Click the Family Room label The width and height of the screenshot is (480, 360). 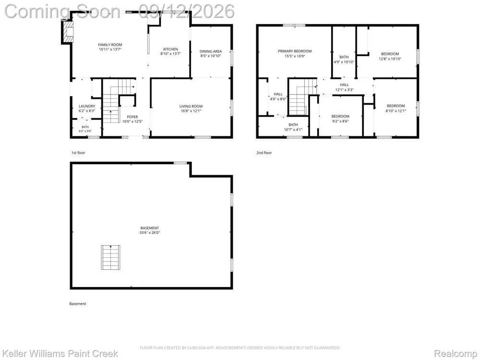[x=110, y=45]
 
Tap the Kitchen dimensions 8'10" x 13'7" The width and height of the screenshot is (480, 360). [x=170, y=54]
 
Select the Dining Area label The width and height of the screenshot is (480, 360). [x=211, y=51]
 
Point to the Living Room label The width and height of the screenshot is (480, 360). [x=191, y=106]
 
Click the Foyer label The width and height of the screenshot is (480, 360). [x=132, y=117]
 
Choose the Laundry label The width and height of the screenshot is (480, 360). [x=87, y=106]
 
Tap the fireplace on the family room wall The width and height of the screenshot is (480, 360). [x=68, y=32]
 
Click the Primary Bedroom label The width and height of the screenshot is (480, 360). [x=295, y=51]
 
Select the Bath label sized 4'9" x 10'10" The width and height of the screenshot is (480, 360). [x=344, y=57]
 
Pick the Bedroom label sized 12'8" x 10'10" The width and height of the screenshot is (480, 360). [x=390, y=54]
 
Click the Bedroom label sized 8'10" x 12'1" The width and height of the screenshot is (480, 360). [x=396, y=106]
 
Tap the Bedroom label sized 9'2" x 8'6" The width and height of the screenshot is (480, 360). [x=340, y=116]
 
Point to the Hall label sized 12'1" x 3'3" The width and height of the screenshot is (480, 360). [x=344, y=85]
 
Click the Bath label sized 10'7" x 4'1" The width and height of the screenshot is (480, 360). [x=293, y=125]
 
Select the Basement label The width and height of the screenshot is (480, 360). [x=150, y=228]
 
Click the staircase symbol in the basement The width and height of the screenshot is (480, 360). [x=110, y=257]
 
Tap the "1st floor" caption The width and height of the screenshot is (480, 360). [x=78, y=153]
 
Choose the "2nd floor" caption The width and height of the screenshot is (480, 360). [x=264, y=153]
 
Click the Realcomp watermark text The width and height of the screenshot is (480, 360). [x=456, y=354]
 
